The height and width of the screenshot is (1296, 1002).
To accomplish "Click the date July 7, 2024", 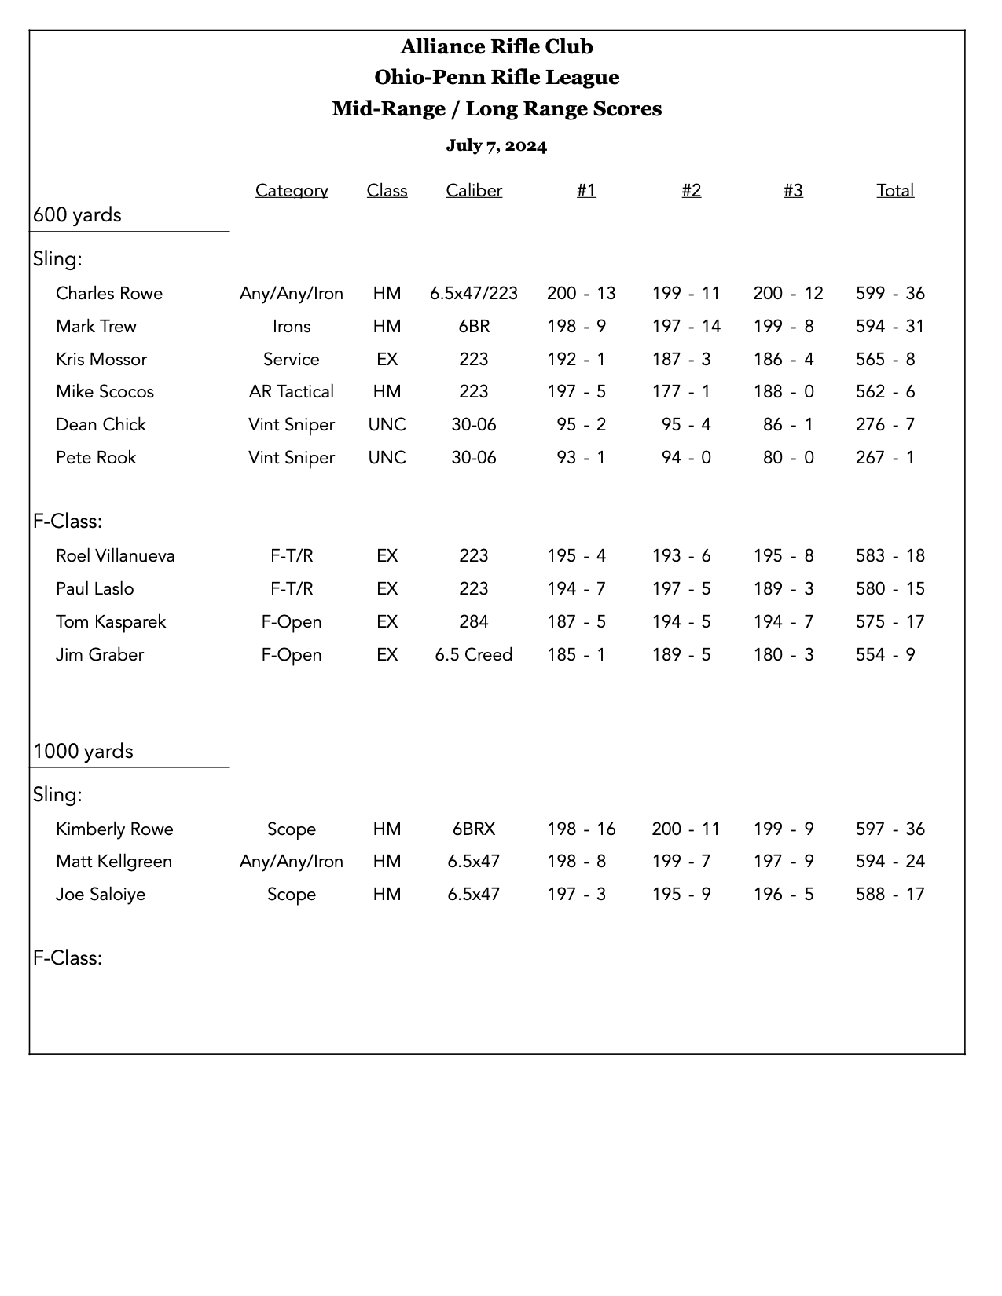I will tap(496, 145).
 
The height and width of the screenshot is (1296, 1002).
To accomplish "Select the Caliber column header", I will tap(473, 190).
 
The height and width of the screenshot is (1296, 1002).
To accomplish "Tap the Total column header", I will tap(895, 190).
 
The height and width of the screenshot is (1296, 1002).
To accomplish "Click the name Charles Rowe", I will tap(109, 293).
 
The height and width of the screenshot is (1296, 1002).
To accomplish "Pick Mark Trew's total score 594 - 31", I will tap(890, 326).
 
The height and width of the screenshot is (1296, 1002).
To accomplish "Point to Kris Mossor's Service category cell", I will tap(291, 359).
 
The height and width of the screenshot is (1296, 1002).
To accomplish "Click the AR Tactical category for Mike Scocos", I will tap(291, 391).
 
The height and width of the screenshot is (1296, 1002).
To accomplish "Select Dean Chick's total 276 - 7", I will tap(885, 424).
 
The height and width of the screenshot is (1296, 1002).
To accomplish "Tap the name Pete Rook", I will tap(96, 457).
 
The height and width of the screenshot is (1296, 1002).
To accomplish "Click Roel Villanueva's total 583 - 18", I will tap(890, 555).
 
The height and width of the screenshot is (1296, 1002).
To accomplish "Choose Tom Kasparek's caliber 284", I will tap(473, 621).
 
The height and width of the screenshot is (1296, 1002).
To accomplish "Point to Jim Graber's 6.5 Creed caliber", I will tap(473, 654).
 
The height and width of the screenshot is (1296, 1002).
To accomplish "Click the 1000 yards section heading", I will tap(83, 751).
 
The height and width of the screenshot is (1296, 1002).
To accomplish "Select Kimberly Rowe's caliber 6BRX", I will tap(473, 829).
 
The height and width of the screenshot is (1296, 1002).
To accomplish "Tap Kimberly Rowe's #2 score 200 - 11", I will tap(685, 829).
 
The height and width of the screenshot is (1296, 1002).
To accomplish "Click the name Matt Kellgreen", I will tap(114, 861).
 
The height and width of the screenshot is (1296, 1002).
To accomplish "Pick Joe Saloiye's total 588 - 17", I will tap(890, 894).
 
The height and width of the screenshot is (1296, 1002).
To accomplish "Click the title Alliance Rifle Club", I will tap(497, 46).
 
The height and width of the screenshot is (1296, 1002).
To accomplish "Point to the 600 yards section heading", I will tap(77, 214).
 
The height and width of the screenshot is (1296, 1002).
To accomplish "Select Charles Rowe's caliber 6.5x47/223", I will tap(473, 293).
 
